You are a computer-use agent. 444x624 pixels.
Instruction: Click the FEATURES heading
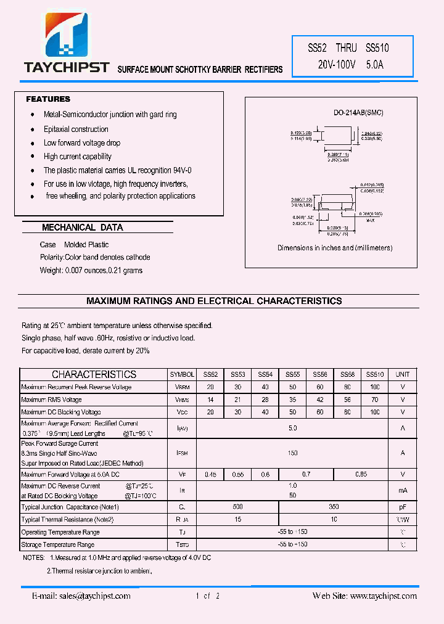pos(48,99)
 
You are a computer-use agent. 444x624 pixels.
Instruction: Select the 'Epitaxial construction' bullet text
pos(76,129)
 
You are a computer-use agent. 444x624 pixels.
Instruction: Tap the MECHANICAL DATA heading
pos(83,228)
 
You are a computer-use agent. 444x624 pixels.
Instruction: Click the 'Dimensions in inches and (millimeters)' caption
pos(335,248)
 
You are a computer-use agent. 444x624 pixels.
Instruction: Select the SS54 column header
pos(265,374)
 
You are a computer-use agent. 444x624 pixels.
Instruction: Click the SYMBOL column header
pos(182,374)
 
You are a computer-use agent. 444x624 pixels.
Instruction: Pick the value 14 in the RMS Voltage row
pos(210,400)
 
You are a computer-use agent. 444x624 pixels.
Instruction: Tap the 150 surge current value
pos(292,453)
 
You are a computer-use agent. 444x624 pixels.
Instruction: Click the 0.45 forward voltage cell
pos(210,474)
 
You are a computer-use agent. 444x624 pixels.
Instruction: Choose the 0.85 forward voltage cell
pos(361,474)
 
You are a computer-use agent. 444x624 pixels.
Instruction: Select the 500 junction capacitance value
pos(237,507)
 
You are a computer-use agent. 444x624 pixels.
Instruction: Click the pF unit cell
pos(402,507)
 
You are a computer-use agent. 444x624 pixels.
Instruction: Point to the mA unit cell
pos(402,491)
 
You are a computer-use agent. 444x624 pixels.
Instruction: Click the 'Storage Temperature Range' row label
pos(58,545)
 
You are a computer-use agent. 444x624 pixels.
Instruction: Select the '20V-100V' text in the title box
pos(337,64)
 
